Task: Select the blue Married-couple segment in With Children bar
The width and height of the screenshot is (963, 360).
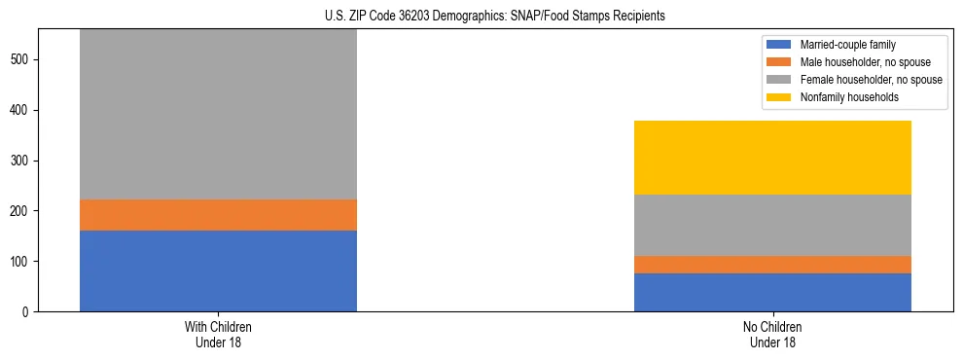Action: tap(218, 270)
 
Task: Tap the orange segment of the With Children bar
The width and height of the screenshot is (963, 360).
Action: tap(218, 215)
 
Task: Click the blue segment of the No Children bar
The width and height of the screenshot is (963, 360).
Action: tap(772, 292)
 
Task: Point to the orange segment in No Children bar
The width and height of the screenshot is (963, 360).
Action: tap(772, 265)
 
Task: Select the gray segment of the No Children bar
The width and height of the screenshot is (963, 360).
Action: tap(772, 225)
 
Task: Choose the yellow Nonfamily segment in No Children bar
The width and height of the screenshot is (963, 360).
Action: tap(772, 158)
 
